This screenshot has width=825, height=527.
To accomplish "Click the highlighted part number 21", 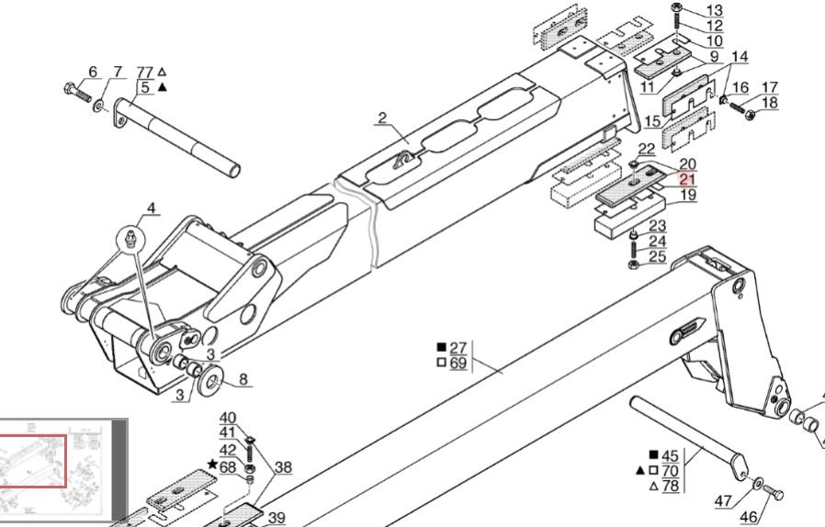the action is pyautogui.click(x=687, y=179).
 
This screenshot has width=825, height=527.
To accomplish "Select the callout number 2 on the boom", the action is pyautogui.click(x=382, y=118).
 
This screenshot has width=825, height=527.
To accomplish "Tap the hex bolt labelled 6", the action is pyautogui.click(x=77, y=93).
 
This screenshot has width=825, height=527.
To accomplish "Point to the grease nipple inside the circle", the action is pyautogui.click(x=130, y=240).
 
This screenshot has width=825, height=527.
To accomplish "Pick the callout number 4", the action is pyautogui.click(x=151, y=207).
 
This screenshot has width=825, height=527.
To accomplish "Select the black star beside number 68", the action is pyautogui.click(x=212, y=465).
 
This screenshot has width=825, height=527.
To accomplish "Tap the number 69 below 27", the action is pyautogui.click(x=458, y=363).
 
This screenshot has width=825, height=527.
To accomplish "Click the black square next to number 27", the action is pyautogui.click(x=442, y=347).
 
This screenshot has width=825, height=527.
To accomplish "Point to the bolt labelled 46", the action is pyautogui.click(x=773, y=494).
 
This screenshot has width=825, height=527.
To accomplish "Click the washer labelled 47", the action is pyautogui.click(x=757, y=481).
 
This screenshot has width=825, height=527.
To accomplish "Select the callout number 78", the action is pyautogui.click(x=670, y=486).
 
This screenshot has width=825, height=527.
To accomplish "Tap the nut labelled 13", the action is pyautogui.click(x=676, y=7).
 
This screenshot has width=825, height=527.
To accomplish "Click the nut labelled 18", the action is pyautogui.click(x=751, y=114).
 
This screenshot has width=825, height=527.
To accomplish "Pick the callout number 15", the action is pyautogui.click(x=652, y=121).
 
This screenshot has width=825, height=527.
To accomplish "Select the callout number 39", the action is pyautogui.click(x=277, y=518).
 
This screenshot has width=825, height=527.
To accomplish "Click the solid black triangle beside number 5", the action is pyautogui.click(x=163, y=87).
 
